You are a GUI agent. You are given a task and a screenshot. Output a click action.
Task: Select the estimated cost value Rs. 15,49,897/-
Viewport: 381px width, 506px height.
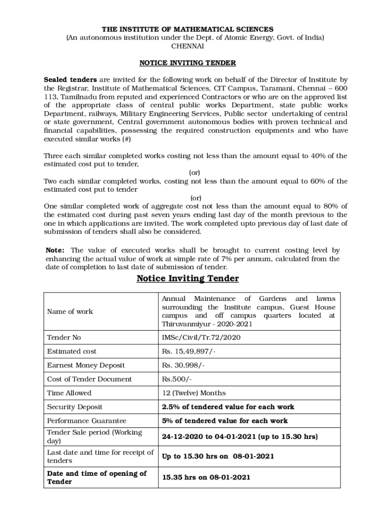point(189,351)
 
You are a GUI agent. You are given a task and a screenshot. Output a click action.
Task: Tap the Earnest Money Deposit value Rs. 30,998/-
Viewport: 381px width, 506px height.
point(184,365)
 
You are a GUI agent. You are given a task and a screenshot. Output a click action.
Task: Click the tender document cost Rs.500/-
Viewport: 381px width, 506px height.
point(177,379)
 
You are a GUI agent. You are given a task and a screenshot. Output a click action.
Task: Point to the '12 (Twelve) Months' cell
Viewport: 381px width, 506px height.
point(194,393)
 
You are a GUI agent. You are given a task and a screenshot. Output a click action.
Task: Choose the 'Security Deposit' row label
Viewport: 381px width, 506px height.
point(75,407)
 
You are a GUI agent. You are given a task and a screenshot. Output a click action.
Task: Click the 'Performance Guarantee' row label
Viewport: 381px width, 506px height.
point(87,421)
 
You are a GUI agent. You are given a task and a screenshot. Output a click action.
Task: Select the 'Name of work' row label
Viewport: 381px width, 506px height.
point(70,311)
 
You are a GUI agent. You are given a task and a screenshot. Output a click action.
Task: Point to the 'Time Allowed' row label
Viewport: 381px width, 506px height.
point(69,393)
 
